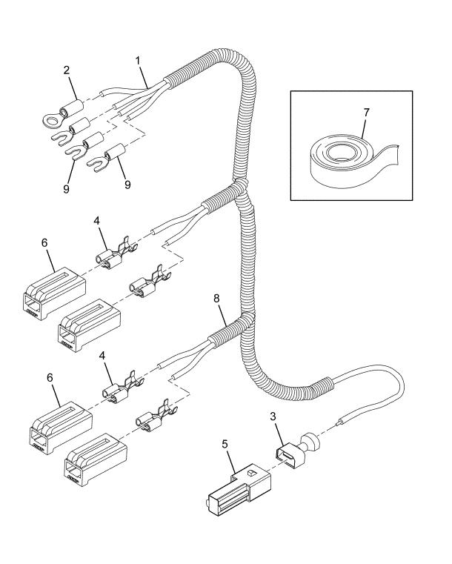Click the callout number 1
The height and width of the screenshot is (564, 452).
coord(138,61)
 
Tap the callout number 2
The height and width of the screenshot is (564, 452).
coord(67,70)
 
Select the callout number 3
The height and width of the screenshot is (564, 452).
coord(273,417)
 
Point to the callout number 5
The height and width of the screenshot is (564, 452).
coord(225,444)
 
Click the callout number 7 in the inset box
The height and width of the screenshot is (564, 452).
coord(366,113)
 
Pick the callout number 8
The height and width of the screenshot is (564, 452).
coord(216,298)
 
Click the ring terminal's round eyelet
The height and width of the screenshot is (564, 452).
coord(50,119)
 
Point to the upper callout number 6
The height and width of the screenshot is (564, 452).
coord(44,243)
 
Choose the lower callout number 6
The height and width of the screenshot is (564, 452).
coord(50,378)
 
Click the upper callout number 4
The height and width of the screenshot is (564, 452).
coord(96,220)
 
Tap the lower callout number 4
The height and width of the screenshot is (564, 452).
coord(102,356)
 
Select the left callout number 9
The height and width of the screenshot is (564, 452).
coord(66,189)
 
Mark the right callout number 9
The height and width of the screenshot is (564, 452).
coord(127,185)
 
